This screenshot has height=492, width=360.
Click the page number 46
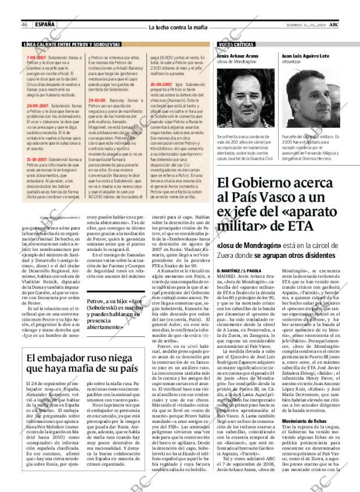click(x=26, y=24)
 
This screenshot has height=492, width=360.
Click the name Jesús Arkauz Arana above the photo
click(x=237, y=56)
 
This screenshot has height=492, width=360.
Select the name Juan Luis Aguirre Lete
click(x=305, y=56)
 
